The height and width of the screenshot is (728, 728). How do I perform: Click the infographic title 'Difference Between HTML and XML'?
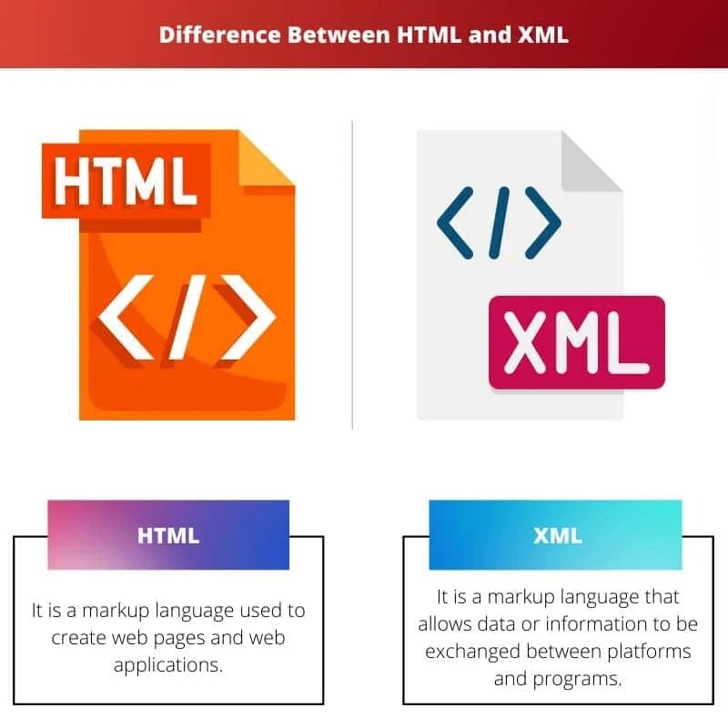tap(364, 35)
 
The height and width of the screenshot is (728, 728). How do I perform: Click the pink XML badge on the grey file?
tap(577, 342)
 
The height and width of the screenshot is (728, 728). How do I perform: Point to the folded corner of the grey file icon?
tap(589, 161)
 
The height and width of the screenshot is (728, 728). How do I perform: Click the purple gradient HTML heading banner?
tap(168, 535)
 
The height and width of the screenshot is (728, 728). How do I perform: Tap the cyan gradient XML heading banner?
tap(557, 535)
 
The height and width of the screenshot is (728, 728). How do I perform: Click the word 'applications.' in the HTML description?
tap(168, 665)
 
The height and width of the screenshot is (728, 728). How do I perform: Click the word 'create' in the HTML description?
tap(81, 637)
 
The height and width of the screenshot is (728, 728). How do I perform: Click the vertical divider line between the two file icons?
tap(353, 273)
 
